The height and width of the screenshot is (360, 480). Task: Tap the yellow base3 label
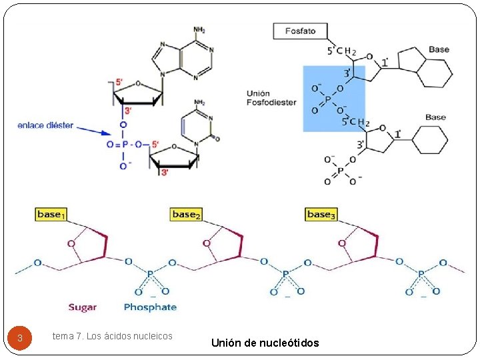pyautogui.click(x=321, y=214)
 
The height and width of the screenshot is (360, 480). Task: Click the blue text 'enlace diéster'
pyautogui.click(x=45, y=125)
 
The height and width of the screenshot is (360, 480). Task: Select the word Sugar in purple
pyautogui.click(x=83, y=307)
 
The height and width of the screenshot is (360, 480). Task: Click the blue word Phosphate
pyautogui.click(x=150, y=307)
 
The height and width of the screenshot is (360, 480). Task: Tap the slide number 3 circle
pyautogui.click(x=20, y=337)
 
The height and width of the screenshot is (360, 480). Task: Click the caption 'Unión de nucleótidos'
pyautogui.click(x=265, y=343)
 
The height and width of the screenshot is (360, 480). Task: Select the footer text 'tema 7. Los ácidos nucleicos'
pyautogui.click(x=112, y=336)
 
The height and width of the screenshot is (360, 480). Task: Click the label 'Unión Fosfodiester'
pyautogui.click(x=271, y=98)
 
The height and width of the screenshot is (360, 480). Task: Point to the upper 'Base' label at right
pyautogui.click(x=439, y=49)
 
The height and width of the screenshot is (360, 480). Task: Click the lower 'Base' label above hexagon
pyautogui.click(x=435, y=117)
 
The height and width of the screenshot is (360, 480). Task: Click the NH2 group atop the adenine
pyautogui.click(x=199, y=30)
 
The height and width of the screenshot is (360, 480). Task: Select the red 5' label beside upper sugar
pyautogui.click(x=119, y=83)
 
